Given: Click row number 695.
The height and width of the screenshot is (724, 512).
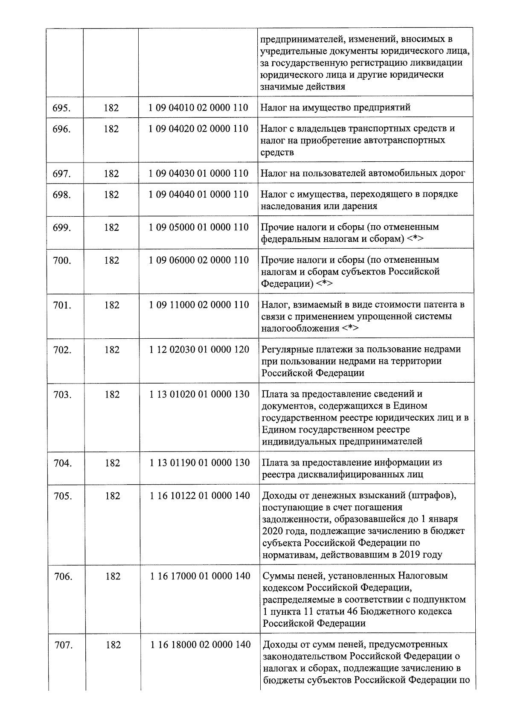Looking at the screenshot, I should click(61, 108).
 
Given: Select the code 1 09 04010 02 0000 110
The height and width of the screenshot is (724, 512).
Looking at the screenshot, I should click(198, 108).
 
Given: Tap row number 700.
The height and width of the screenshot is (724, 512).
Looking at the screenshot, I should click(62, 260).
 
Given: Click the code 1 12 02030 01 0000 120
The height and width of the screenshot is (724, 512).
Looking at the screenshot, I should click(199, 349).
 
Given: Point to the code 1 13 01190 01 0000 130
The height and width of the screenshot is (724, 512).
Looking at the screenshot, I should click(200, 462).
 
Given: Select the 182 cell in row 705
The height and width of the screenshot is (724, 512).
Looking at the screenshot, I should click(112, 496).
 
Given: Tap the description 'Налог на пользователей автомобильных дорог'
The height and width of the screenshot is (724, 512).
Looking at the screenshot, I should click(363, 173).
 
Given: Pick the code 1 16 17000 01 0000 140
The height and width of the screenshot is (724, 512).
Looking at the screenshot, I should click(200, 576).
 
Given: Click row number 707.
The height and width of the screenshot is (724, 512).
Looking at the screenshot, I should click(63, 645).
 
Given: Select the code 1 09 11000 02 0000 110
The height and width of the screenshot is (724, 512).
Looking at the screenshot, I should click(199, 305).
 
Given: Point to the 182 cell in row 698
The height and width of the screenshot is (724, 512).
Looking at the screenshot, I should click(111, 195).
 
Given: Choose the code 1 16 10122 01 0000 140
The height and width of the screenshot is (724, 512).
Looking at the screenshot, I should click(200, 496).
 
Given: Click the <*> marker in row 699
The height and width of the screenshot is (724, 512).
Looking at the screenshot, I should click(415, 239).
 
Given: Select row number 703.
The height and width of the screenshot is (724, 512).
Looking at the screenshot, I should click(62, 395).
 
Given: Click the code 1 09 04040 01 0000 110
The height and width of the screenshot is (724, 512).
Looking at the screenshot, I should click(198, 195).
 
